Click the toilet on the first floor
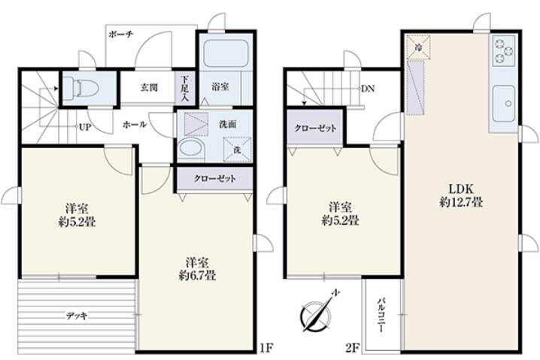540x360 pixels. point(81,87)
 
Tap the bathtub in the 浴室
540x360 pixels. point(226,53)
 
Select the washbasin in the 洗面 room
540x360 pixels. point(192,149)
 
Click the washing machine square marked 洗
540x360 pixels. point(237,150)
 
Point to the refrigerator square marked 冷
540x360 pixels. point(418,47)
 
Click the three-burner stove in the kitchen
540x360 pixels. point(504,51)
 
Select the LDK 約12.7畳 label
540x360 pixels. point(461,195)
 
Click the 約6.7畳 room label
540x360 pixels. point(197,276)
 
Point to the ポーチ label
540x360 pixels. point(121,34)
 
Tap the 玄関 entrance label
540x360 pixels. point(149,87)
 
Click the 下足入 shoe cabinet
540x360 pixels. point(185,87)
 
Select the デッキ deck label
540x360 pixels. point(77,316)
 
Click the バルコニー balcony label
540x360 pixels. point(381,315)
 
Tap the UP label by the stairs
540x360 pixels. point(85,127)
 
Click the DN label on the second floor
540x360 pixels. point(368,89)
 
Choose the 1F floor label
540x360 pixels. point(266,348)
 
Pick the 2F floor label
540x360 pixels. point(351,348)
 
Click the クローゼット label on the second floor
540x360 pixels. point(315,129)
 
